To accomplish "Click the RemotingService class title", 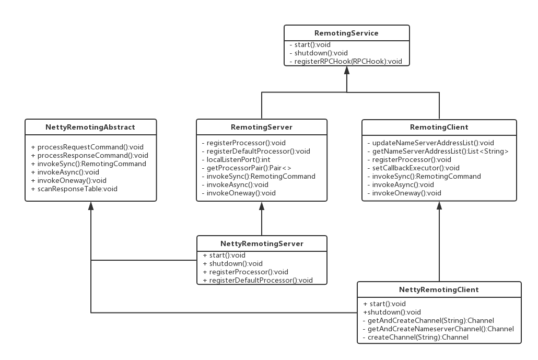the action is coord(346,33).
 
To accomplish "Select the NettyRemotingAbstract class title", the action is coord(90,127).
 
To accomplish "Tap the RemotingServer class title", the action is coord(262,127).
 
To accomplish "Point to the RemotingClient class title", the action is coord(439,127).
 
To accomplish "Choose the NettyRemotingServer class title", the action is coord(262,243).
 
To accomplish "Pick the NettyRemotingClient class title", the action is coord(439,289).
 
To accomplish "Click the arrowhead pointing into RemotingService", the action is coord(347,70).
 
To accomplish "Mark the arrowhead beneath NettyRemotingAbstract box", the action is coord(91,205).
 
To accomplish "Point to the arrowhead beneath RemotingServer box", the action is coord(262,205).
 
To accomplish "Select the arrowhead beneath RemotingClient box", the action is coord(439,205).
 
